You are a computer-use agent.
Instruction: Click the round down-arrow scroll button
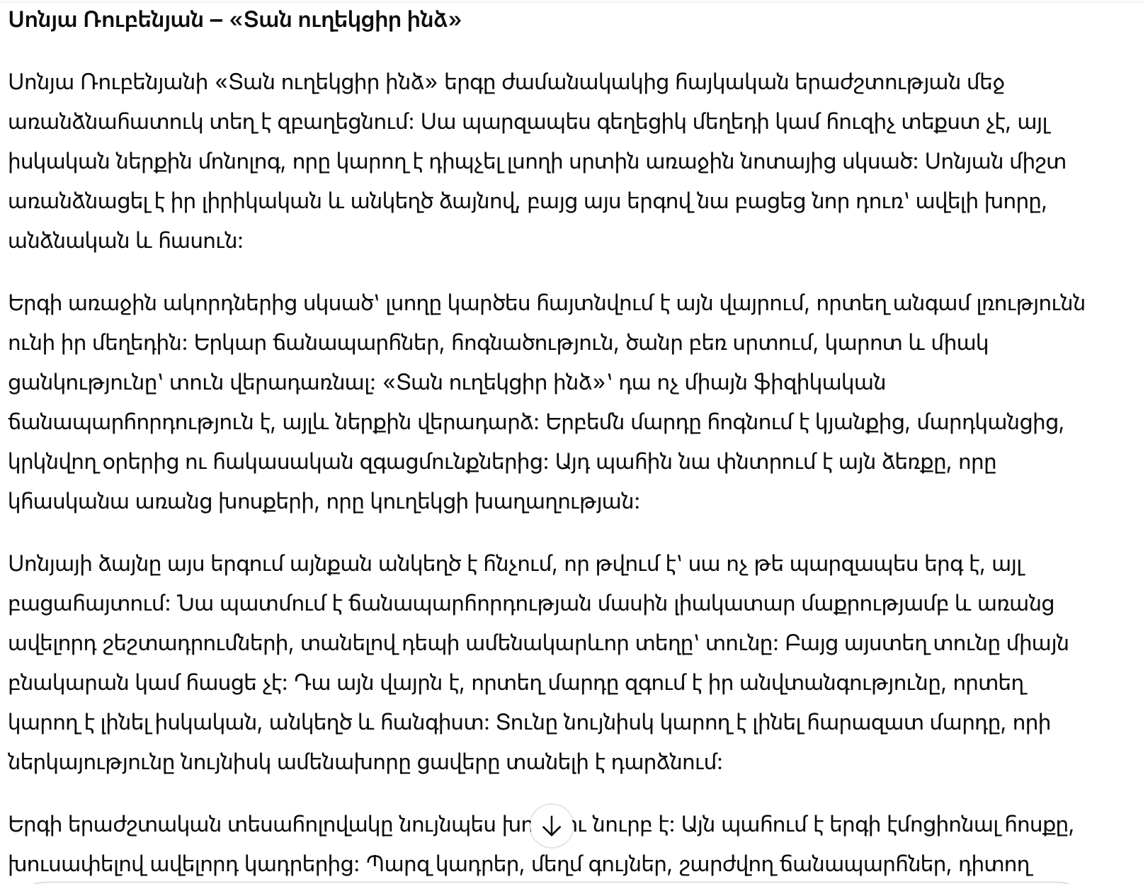click(551, 826)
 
